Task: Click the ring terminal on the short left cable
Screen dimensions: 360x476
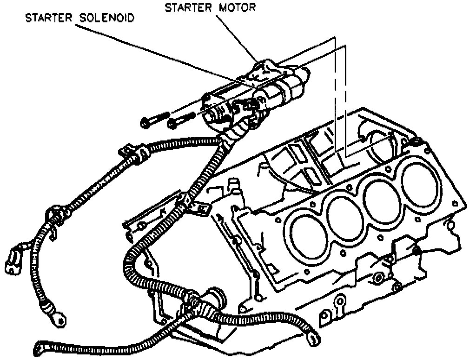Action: pyautogui.click(x=58, y=318)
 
